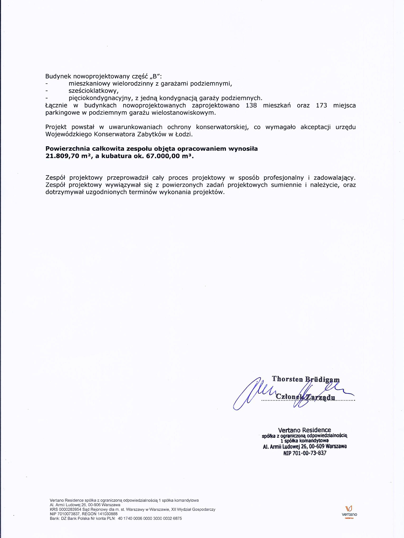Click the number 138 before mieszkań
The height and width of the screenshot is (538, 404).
(x=251, y=106)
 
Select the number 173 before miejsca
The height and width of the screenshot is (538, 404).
(x=322, y=106)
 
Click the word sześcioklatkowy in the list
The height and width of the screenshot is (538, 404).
(x=93, y=91)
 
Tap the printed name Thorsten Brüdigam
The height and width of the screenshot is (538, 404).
(x=306, y=380)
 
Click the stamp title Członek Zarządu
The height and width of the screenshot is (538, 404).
(x=305, y=397)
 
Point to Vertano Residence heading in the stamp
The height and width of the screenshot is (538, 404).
(x=304, y=430)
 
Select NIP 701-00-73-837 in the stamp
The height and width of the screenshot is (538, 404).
(x=305, y=453)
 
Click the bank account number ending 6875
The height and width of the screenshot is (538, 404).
(x=150, y=518)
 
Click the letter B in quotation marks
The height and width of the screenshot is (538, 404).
(x=155, y=76)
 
